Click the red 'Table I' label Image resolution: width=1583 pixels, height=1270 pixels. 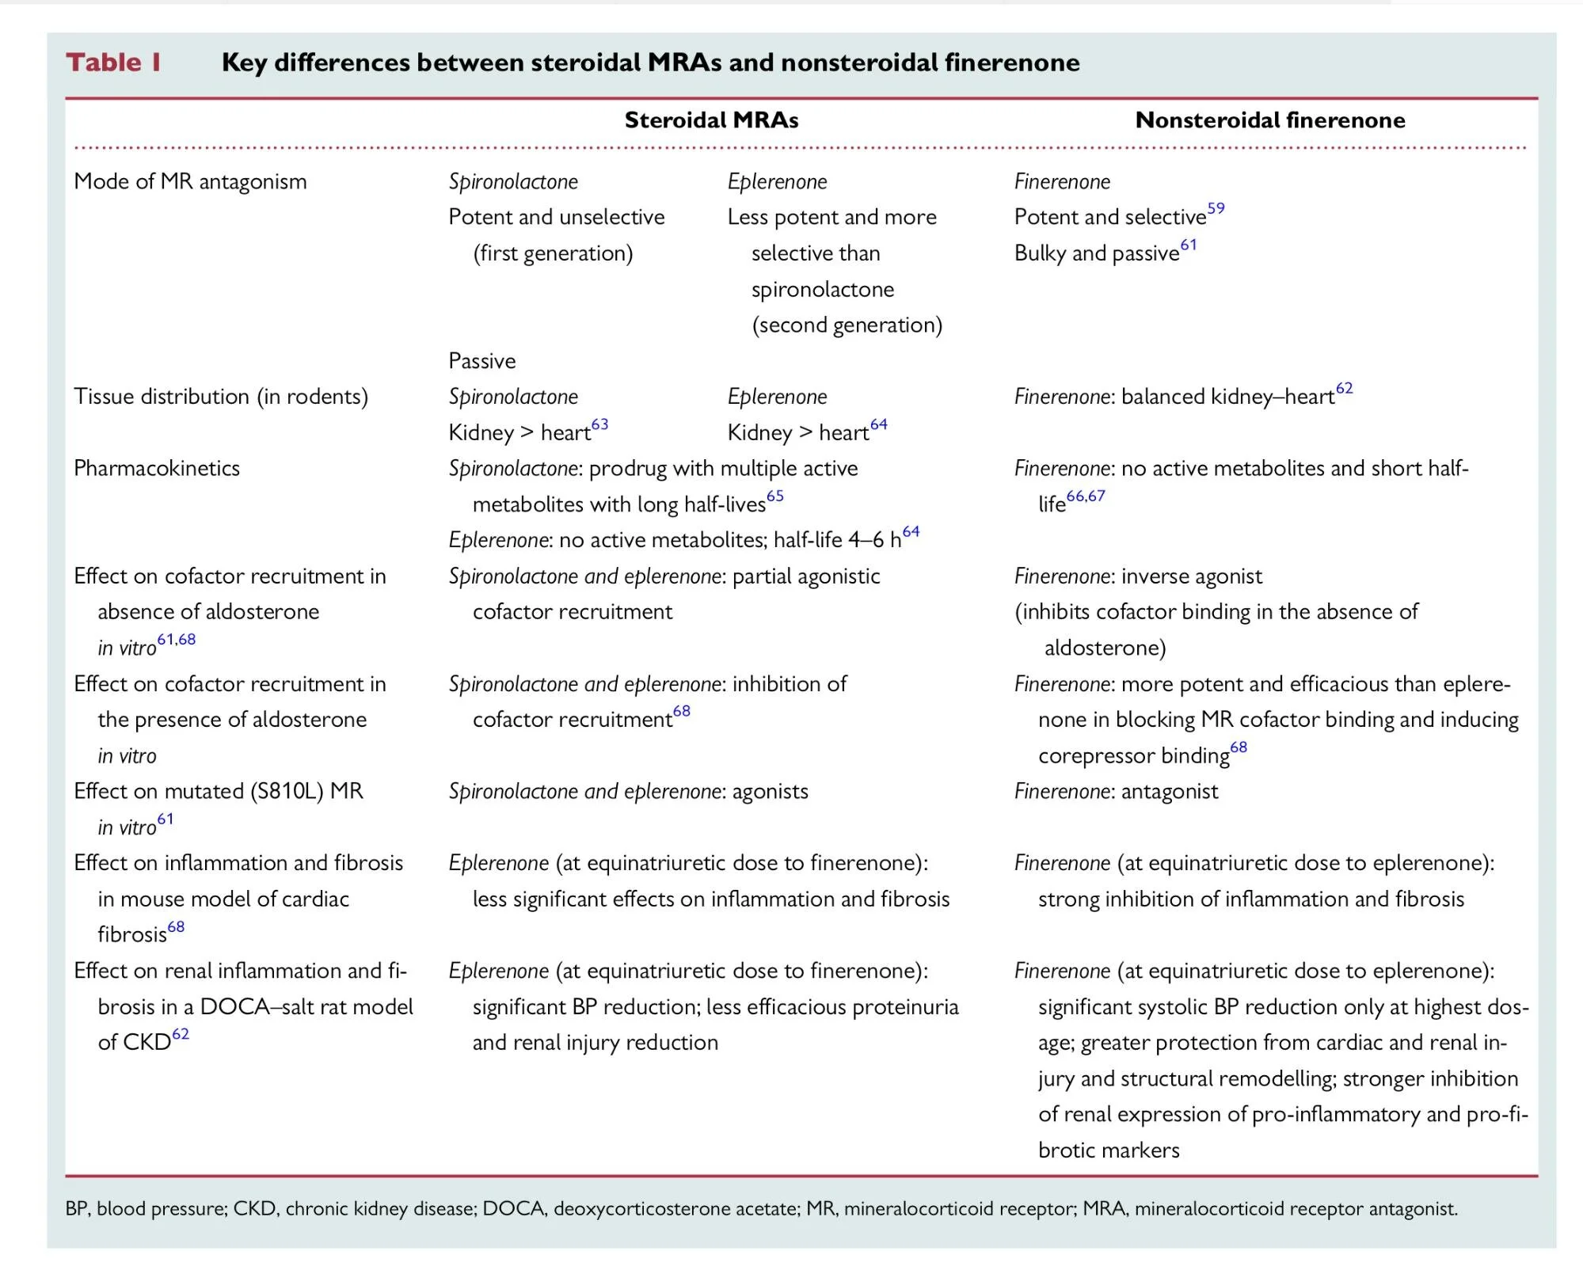click(x=113, y=62)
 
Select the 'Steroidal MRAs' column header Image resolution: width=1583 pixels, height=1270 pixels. click(x=711, y=120)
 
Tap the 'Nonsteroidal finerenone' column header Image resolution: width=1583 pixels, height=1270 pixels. click(x=1269, y=120)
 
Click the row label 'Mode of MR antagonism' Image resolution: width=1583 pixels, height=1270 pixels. click(x=190, y=181)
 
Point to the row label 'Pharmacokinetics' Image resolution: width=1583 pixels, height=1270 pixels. click(x=157, y=468)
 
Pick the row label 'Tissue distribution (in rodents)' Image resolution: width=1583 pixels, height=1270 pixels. click(x=221, y=397)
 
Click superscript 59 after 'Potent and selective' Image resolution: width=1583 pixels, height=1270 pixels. click(x=1216, y=208)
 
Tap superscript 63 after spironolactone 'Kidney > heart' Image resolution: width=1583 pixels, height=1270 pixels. click(x=600, y=424)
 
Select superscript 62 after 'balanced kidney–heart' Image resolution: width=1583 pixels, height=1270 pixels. click(x=1344, y=388)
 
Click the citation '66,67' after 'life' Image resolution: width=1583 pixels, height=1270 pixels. click(x=1085, y=496)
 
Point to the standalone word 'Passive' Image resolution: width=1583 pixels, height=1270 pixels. click(x=481, y=361)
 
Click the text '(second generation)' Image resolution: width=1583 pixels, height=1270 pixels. click(x=847, y=325)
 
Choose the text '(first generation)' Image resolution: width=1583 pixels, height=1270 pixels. click(x=553, y=253)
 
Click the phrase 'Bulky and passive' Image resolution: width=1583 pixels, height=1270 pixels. click(x=1097, y=253)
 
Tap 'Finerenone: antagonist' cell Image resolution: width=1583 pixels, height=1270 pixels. click(x=1116, y=791)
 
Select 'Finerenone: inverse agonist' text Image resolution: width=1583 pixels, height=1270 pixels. click(x=1138, y=576)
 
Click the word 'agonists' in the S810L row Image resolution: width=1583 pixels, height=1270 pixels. click(x=770, y=791)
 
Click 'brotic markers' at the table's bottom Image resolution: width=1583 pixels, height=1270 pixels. click(x=1109, y=1150)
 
